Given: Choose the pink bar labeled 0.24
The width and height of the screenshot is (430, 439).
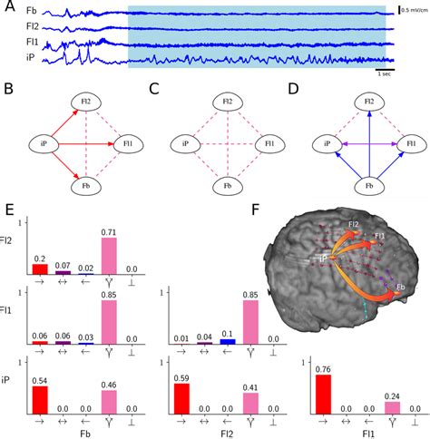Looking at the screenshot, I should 393,407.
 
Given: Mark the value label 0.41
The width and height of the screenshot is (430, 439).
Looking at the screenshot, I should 250,388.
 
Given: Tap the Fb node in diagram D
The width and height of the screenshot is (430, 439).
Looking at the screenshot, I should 368,189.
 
